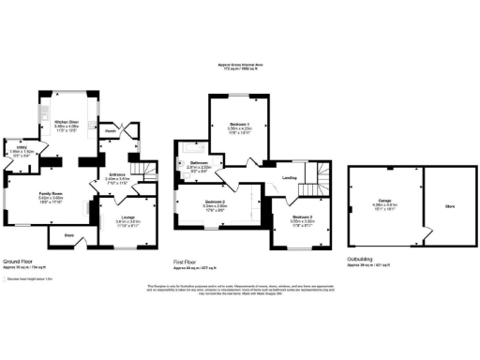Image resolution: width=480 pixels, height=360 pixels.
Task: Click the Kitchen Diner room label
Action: pos(65,122)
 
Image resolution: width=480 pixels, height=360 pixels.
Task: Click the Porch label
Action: pos(110,131)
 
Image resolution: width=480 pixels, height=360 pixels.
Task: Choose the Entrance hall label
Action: pos(117,174)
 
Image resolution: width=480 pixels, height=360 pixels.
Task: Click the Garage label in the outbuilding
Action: pos(373,199)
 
